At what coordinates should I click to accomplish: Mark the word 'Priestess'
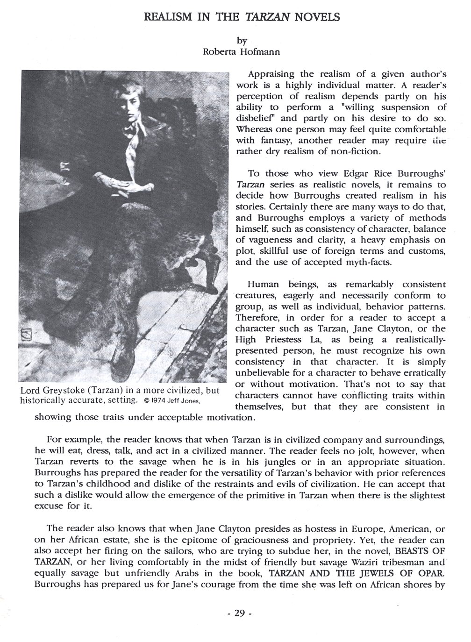(x=281, y=340)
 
